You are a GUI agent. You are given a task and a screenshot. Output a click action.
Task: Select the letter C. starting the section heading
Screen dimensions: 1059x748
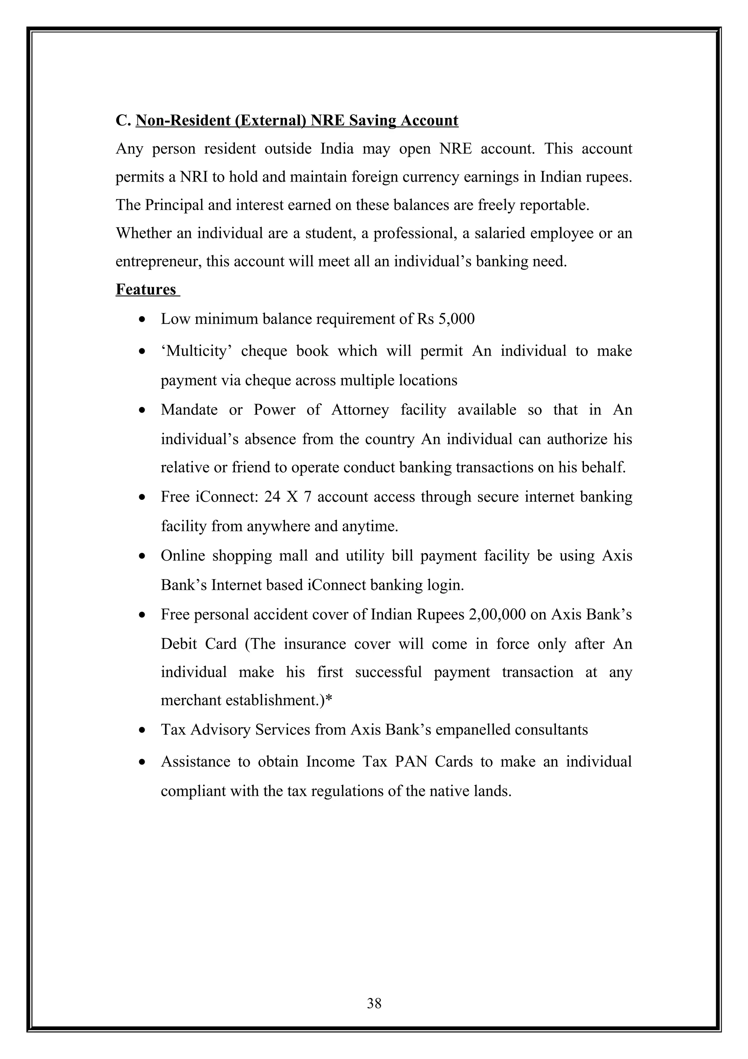(x=123, y=120)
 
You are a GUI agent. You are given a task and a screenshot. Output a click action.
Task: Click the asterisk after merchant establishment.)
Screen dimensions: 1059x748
(x=329, y=700)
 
